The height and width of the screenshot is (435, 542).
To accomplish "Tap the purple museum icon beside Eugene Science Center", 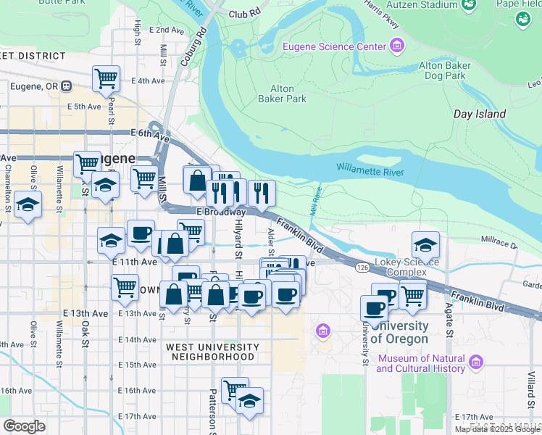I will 396,47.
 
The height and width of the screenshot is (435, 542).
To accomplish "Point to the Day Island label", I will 479,115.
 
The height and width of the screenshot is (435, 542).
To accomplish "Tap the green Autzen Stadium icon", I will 469,5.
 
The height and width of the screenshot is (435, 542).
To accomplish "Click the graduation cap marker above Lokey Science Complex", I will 425,244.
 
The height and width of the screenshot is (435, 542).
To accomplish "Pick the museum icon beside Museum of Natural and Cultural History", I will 476,362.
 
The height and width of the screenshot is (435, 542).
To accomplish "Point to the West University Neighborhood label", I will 211,352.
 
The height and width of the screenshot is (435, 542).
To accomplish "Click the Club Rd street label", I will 243,14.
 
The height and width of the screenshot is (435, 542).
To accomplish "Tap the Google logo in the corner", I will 24,426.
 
